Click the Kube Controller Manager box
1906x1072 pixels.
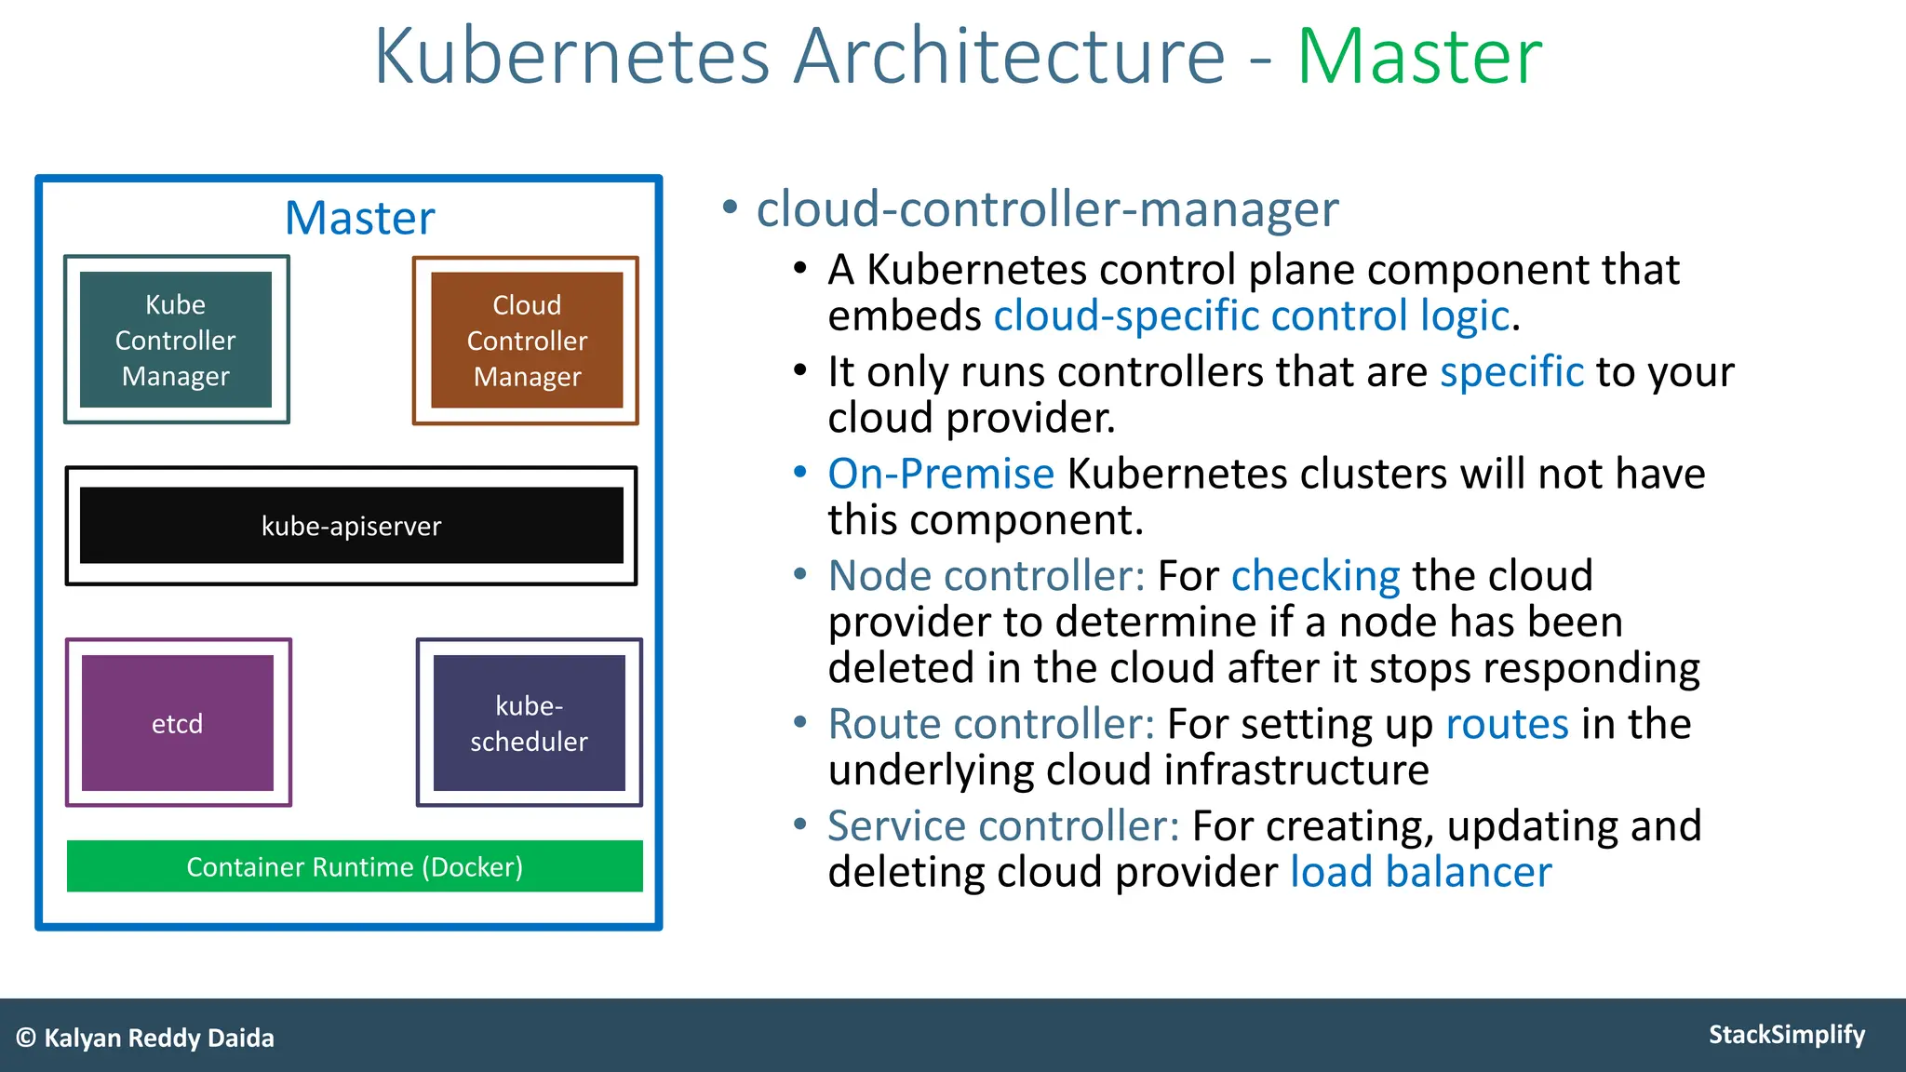[176, 340]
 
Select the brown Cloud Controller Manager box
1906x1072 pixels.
[527, 340]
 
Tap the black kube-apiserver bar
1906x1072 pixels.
[351, 526]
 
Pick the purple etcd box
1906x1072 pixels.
[178, 723]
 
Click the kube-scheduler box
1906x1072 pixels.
[529, 723]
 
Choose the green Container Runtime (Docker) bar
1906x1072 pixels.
[355, 866]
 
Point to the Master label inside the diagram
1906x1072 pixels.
[359, 219]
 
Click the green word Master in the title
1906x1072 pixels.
[1419, 58]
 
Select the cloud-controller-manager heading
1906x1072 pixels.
[1047, 209]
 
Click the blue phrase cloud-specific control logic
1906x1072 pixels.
[1251, 316]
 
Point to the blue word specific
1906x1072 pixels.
[1511, 372]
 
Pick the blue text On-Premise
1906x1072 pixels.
[941, 474]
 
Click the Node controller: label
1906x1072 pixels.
[987, 576]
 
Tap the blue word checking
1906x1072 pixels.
[1315, 577]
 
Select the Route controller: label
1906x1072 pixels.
[991, 724]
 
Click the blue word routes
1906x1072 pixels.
[1507, 724]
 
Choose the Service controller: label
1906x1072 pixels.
[1003, 826]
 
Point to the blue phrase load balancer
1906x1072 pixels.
[1420, 873]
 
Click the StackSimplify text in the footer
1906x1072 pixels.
[1786, 1035]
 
